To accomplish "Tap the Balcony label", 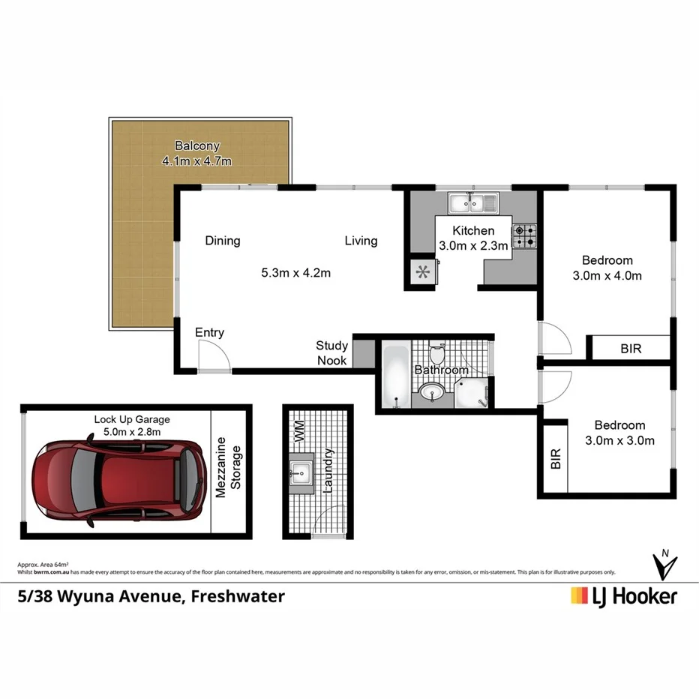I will [x=196, y=145].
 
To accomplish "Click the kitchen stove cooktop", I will [x=524, y=235].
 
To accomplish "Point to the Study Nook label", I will [x=331, y=353].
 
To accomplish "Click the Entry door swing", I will [x=213, y=355].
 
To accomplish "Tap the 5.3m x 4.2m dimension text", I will [x=295, y=273].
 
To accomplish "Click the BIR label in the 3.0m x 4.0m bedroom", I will [x=631, y=349].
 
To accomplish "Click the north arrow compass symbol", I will [x=664, y=565].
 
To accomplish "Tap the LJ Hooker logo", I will [x=624, y=596].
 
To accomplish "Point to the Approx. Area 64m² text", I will [x=43, y=564].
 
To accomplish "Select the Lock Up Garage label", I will [x=132, y=419].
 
